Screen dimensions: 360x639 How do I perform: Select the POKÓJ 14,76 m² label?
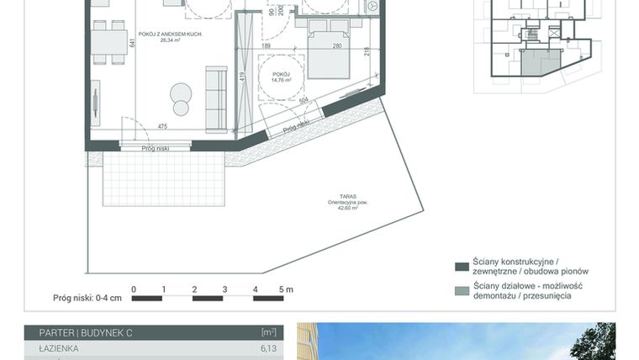click(281, 79)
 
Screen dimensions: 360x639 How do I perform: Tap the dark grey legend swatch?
click(461, 267)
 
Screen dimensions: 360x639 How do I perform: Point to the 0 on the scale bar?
click(133, 289)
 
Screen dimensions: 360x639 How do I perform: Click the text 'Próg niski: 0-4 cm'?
click(87, 298)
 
